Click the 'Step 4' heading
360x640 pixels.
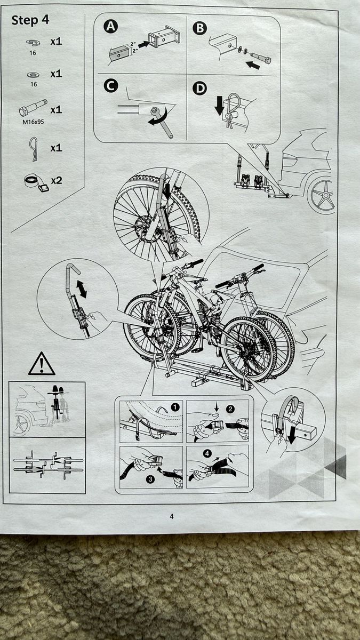pyautogui.click(x=30, y=20)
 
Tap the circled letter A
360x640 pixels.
pyautogui.click(x=110, y=27)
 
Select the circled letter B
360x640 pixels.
pyautogui.click(x=199, y=28)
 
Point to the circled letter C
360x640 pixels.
pyautogui.click(x=111, y=85)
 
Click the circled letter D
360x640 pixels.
pyautogui.click(x=199, y=89)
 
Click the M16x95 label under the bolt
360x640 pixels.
pyautogui.click(x=34, y=122)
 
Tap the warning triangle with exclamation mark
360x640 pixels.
pyautogui.click(x=42, y=364)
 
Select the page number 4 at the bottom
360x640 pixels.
pyautogui.click(x=171, y=516)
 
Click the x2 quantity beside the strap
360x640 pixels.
pyautogui.click(x=57, y=181)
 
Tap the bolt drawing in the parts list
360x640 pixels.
pyautogui.click(x=33, y=107)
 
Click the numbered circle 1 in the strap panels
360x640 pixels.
pyautogui.click(x=175, y=407)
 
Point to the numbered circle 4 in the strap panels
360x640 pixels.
pyautogui.click(x=207, y=453)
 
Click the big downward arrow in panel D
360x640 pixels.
pyautogui.click(x=219, y=106)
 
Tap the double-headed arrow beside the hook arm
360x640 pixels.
pyautogui.click(x=82, y=289)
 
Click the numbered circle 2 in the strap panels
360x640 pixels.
pyautogui.click(x=230, y=409)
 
